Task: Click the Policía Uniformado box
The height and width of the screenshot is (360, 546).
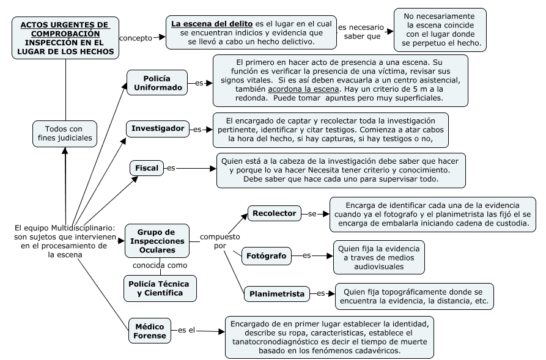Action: pyautogui.click(x=157, y=83)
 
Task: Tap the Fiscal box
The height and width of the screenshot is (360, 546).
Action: pyautogui.click(x=147, y=167)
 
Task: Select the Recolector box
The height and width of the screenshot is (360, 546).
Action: pyautogui.click(x=275, y=213)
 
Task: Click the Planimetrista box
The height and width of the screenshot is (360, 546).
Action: pyautogui.click(x=277, y=294)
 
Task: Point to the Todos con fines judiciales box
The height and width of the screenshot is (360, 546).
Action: pyautogui.click(x=64, y=133)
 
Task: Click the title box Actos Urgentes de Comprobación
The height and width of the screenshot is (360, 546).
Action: pyautogui.click(x=64, y=37)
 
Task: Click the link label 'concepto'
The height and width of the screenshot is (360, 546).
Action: pyautogui.click(x=135, y=37)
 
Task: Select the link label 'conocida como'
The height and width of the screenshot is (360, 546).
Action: pyautogui.click(x=160, y=265)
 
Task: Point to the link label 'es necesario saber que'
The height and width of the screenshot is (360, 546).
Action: pyautogui.click(x=361, y=32)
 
